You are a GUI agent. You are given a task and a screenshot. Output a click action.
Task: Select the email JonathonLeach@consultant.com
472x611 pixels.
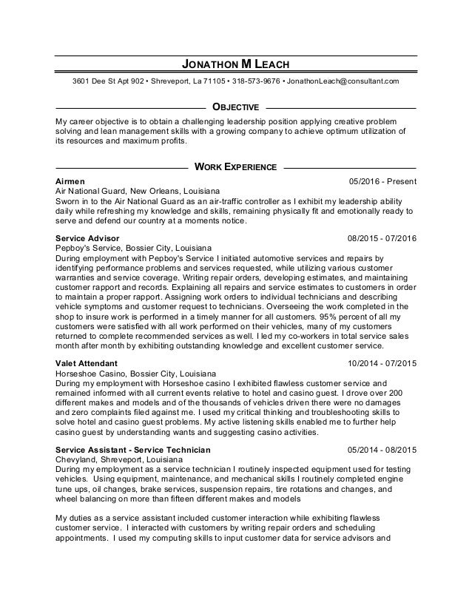[x=343, y=80]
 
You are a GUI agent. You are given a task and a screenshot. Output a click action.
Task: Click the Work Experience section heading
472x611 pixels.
[x=235, y=167]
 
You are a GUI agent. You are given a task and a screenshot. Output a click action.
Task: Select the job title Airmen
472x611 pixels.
[x=70, y=181]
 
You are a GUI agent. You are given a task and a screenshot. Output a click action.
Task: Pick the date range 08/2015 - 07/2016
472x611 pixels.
[x=381, y=238]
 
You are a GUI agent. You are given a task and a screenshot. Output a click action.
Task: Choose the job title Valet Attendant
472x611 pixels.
[x=87, y=364]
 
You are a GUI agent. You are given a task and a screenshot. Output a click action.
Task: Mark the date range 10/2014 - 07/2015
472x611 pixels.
[x=381, y=364]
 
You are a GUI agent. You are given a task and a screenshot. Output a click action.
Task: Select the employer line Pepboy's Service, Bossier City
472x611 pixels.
[x=133, y=248]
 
